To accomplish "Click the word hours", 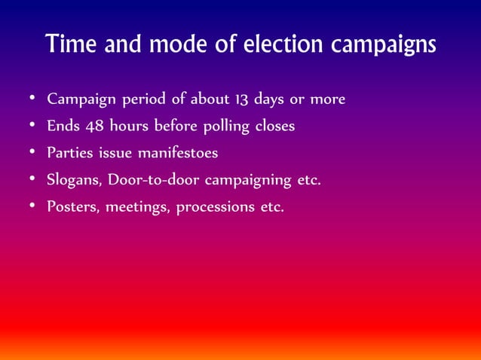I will click(x=129, y=127).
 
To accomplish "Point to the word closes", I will click(x=274, y=127).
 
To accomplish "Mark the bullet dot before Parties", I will click(x=30, y=153).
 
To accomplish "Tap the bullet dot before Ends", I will click(x=30, y=126).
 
